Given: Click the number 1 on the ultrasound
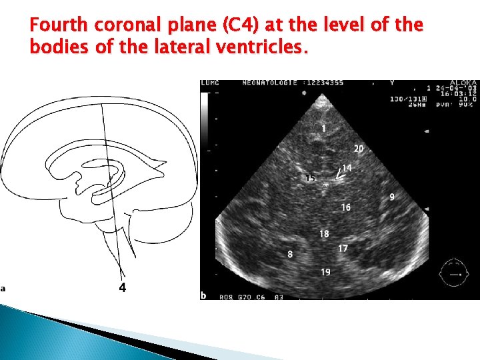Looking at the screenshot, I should click(x=323, y=128).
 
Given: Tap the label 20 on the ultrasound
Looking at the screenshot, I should click(x=359, y=149).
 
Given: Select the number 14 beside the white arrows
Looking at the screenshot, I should click(x=347, y=168).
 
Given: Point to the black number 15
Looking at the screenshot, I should click(x=310, y=178).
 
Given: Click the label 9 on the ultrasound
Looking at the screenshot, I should click(x=392, y=197).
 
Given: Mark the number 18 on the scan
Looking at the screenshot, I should click(x=324, y=234).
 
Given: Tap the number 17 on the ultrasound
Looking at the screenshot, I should click(x=343, y=248).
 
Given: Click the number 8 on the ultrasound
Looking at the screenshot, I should click(x=290, y=254).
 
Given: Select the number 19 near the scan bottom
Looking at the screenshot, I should click(x=325, y=271).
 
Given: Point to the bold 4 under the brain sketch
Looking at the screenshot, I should click(x=122, y=287).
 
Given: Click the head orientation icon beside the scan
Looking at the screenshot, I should click(x=455, y=273).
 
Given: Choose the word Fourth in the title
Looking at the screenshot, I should click(x=59, y=25).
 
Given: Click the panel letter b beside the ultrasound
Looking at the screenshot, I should click(x=203, y=295).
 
